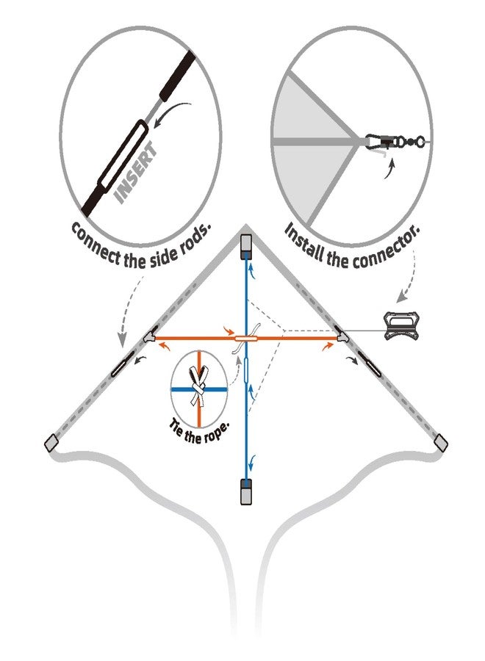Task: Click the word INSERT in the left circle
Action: [136, 173]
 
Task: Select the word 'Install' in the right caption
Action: [305, 242]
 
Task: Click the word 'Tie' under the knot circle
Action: [176, 426]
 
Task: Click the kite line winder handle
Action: [400, 325]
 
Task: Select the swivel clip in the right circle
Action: [394, 140]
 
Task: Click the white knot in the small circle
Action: [198, 385]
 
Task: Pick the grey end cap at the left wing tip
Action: [51, 442]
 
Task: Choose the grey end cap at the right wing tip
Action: [441, 442]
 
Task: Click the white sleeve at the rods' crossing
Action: [246, 338]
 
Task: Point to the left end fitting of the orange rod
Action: [150, 336]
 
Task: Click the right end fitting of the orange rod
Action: [343, 336]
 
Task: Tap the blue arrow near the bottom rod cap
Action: [251, 463]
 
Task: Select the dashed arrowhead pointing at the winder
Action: [401, 297]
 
